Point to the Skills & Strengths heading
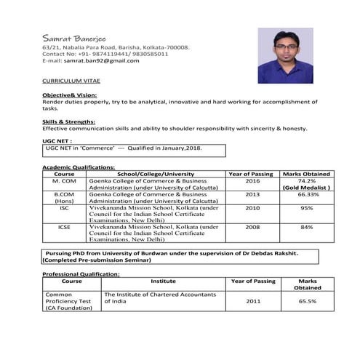tap(69, 121)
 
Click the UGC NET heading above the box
tap(57, 140)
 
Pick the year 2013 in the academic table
tap(252, 195)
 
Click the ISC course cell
tap(64, 208)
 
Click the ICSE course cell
tap(64, 227)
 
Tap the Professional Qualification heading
tap(81, 273)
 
